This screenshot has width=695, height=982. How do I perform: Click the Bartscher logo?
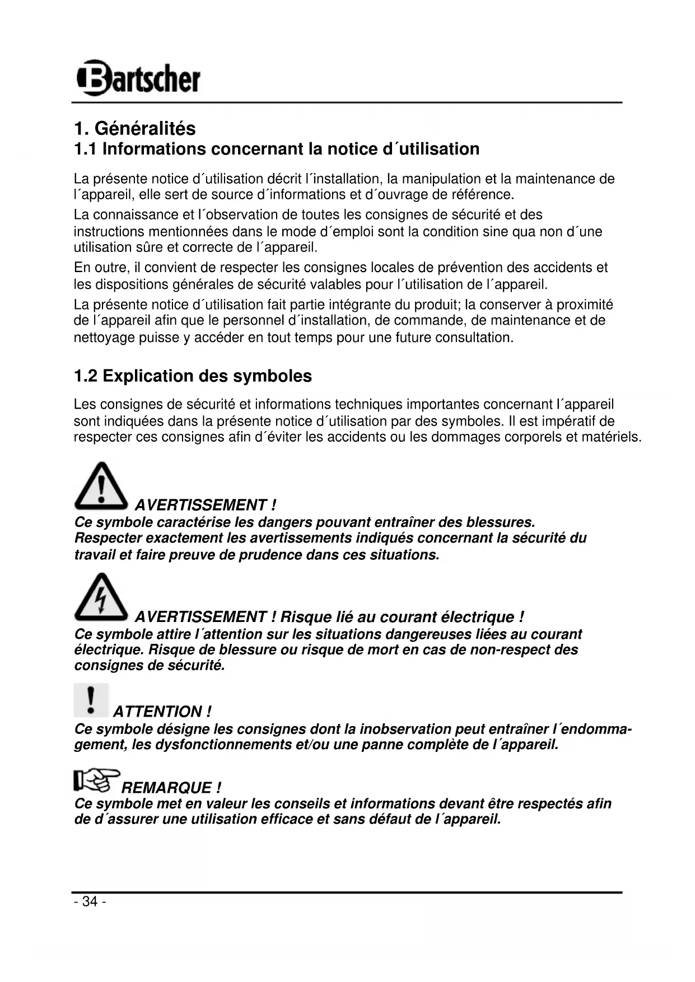[x=138, y=77]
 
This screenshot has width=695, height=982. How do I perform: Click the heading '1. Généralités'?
[x=135, y=128]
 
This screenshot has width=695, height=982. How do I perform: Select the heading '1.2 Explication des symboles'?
[x=193, y=376]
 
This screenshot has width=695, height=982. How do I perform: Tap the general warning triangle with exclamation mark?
[x=101, y=486]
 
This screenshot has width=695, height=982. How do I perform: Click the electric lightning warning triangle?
[x=101, y=597]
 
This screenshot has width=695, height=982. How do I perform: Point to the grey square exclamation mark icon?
[x=91, y=700]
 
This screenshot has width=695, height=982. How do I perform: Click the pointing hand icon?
[x=96, y=780]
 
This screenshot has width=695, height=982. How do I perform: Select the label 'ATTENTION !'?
[x=162, y=712]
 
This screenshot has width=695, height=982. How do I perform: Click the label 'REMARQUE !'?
[x=171, y=788]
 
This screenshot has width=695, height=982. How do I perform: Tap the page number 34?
[x=90, y=901]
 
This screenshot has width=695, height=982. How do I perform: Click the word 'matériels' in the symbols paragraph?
[x=611, y=437]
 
